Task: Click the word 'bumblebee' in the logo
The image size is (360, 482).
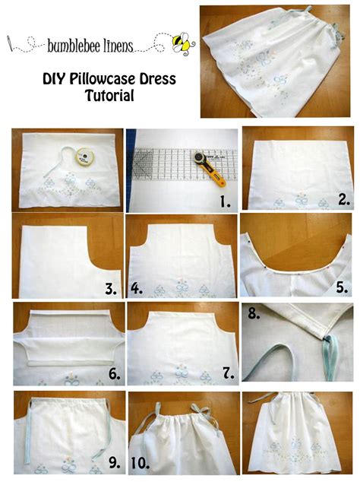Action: tap(70, 46)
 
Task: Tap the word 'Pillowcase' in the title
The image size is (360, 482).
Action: tap(103, 79)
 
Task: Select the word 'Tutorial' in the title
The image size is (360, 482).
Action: tap(109, 95)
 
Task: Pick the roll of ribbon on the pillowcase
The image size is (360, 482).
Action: tap(84, 157)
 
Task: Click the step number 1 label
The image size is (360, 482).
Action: tap(225, 201)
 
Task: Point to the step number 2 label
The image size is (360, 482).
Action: tap(344, 200)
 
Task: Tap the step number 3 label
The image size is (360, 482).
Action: tap(111, 289)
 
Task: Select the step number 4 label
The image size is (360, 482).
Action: tap(137, 289)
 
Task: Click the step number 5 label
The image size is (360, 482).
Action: tap(342, 287)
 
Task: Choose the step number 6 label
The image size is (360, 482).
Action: tap(115, 374)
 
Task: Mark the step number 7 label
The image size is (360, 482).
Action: tap(229, 373)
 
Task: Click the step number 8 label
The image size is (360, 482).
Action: tap(254, 313)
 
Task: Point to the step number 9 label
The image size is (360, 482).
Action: tap(115, 463)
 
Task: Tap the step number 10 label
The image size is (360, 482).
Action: tap(140, 463)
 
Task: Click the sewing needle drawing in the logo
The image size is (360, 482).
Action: tap(10, 43)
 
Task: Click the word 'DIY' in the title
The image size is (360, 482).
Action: tap(54, 79)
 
